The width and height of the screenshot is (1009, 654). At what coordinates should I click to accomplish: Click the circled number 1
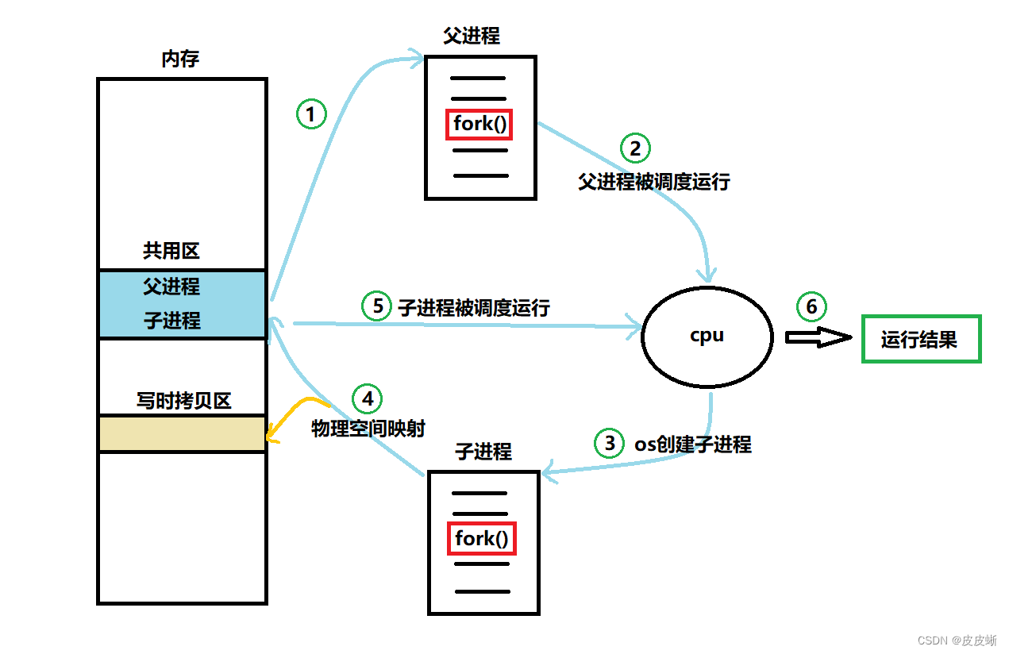click(x=311, y=115)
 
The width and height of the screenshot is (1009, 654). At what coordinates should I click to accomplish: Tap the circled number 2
click(x=635, y=148)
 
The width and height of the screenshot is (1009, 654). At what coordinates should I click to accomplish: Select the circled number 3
click(x=610, y=443)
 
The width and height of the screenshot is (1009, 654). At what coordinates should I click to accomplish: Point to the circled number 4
click(x=368, y=398)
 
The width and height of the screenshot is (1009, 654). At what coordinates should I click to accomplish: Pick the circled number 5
click(x=377, y=306)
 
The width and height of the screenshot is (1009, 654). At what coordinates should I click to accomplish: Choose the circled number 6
click(x=811, y=306)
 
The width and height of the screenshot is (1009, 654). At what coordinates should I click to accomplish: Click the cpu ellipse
click(x=707, y=336)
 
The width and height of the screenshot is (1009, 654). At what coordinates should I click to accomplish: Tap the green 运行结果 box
click(x=921, y=340)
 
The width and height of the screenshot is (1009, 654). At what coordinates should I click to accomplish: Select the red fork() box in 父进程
click(x=479, y=125)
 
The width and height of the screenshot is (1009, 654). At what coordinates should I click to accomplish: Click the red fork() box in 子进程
click(x=482, y=539)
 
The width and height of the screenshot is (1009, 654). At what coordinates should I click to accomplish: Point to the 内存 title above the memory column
click(x=180, y=60)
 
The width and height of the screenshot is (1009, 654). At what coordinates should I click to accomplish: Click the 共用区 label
click(x=171, y=252)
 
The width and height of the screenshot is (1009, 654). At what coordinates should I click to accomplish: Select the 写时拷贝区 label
click(x=183, y=401)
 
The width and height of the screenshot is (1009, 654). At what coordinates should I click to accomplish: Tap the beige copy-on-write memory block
click(x=182, y=433)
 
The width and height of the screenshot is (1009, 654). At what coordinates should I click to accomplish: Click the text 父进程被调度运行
click(x=654, y=182)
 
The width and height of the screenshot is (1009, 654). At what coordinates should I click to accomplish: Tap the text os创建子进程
click(x=692, y=444)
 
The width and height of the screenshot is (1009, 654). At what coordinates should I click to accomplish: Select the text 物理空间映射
click(x=368, y=429)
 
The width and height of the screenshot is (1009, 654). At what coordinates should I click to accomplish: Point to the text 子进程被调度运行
click(x=474, y=308)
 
